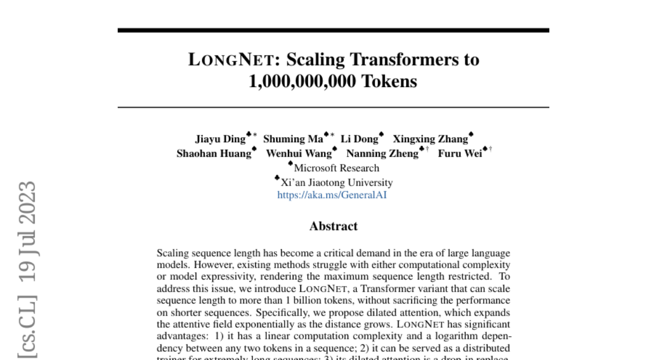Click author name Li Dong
pos(359,139)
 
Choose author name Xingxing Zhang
pos(430,139)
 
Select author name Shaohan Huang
pos(213,154)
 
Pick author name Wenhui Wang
pos(298,154)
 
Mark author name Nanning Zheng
pos(382,154)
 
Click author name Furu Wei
pos(460,154)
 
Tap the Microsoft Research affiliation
pos(336,168)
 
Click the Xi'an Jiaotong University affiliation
pos(337,182)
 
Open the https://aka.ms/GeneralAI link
pos(332,196)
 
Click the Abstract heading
pos(333,226)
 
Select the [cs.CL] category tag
pos(27,328)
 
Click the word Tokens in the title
pos(389,82)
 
